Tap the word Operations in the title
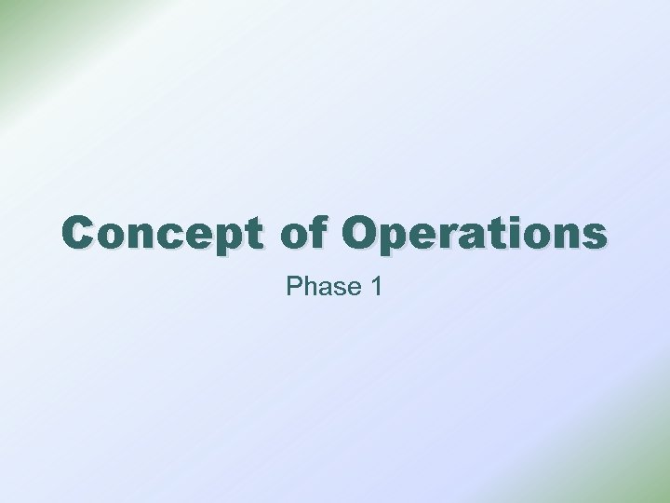474,234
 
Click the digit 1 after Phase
375,287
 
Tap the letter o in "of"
295,237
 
